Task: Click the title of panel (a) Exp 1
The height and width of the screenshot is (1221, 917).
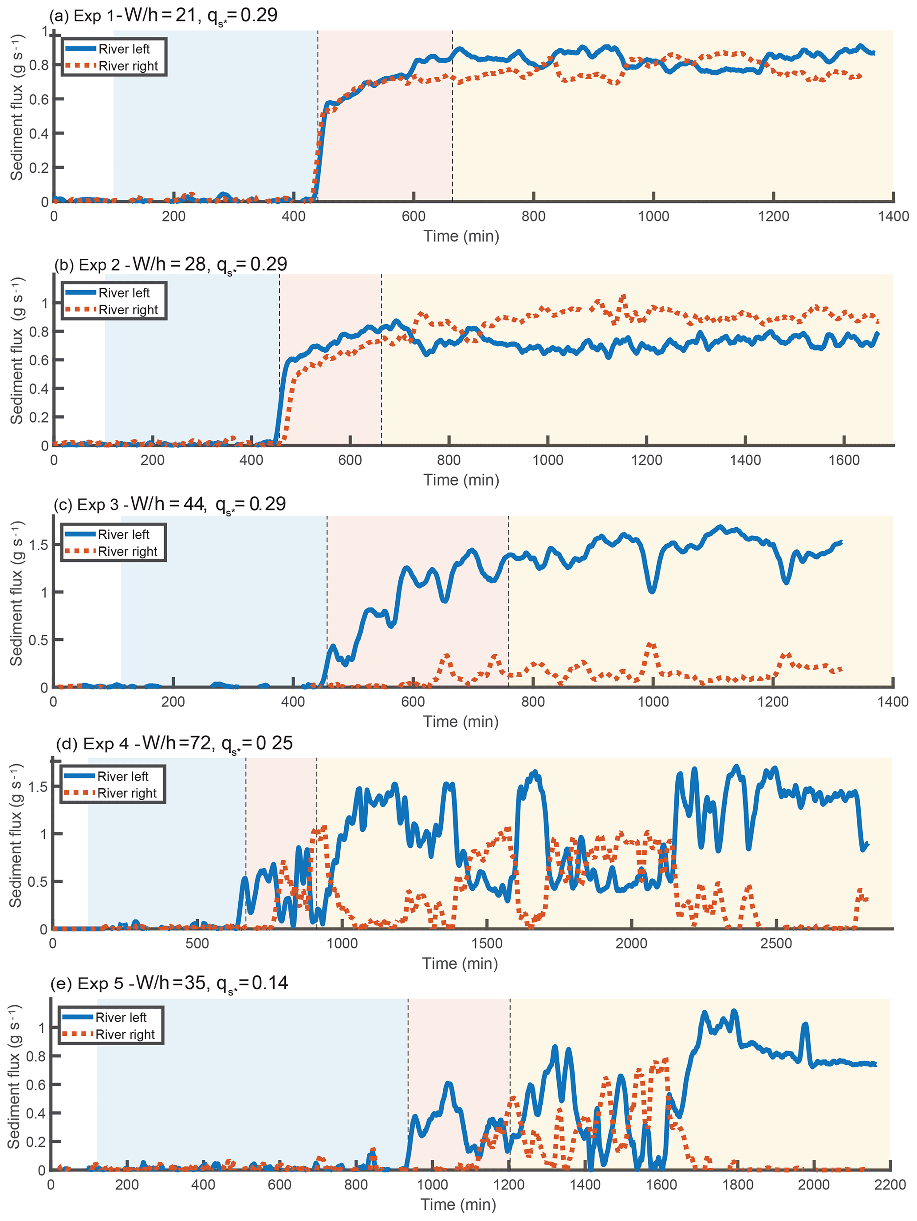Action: (x=163, y=15)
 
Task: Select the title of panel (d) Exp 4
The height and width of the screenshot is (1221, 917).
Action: (x=174, y=743)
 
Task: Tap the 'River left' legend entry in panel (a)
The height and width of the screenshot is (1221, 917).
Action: (x=124, y=49)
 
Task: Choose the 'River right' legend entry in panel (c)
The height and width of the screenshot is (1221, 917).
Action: (x=127, y=551)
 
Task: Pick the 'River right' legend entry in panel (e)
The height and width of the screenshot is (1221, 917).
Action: (x=125, y=1035)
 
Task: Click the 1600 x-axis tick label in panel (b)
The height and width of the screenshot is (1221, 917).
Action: (x=844, y=460)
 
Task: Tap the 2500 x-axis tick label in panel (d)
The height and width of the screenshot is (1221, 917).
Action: (x=776, y=943)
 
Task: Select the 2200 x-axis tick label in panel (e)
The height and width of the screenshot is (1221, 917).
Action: (x=890, y=1185)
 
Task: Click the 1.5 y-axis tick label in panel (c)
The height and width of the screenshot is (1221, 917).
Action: (x=38, y=545)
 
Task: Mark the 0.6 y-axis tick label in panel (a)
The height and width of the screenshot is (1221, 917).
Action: (x=39, y=99)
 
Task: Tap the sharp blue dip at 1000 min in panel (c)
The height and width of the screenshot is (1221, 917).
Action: (x=652, y=591)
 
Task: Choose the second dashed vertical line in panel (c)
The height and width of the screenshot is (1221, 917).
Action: (x=509, y=602)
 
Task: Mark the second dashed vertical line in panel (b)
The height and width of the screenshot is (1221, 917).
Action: (x=381, y=359)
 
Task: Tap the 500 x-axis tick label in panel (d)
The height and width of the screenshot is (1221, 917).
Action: (x=197, y=943)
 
